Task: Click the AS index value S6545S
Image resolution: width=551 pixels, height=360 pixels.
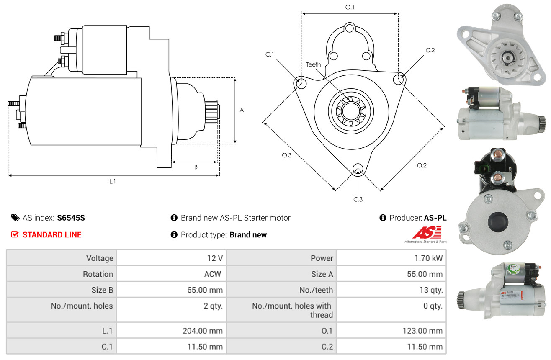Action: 71,218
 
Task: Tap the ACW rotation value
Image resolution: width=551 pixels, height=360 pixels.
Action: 213,274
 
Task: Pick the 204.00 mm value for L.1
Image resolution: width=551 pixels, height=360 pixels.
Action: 203,331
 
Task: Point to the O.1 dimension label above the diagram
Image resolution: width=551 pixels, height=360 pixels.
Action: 350,8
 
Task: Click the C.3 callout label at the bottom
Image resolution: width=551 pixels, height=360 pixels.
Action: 358,199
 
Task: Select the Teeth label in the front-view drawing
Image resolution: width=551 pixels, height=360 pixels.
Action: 313,64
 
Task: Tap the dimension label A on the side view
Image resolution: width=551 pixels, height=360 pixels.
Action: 242,110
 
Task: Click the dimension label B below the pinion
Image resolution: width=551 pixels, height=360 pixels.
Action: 196,167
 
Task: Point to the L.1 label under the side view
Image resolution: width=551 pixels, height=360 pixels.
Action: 112,182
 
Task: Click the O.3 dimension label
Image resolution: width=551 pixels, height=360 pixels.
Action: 286,155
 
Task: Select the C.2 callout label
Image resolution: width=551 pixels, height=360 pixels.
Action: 430,50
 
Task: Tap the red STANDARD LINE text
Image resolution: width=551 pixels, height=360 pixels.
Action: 52,235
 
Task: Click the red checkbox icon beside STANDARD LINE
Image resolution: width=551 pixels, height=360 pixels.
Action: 15,234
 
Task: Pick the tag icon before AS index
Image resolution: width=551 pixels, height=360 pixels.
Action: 15,218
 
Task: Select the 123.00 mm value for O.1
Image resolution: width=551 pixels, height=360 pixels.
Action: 422,331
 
